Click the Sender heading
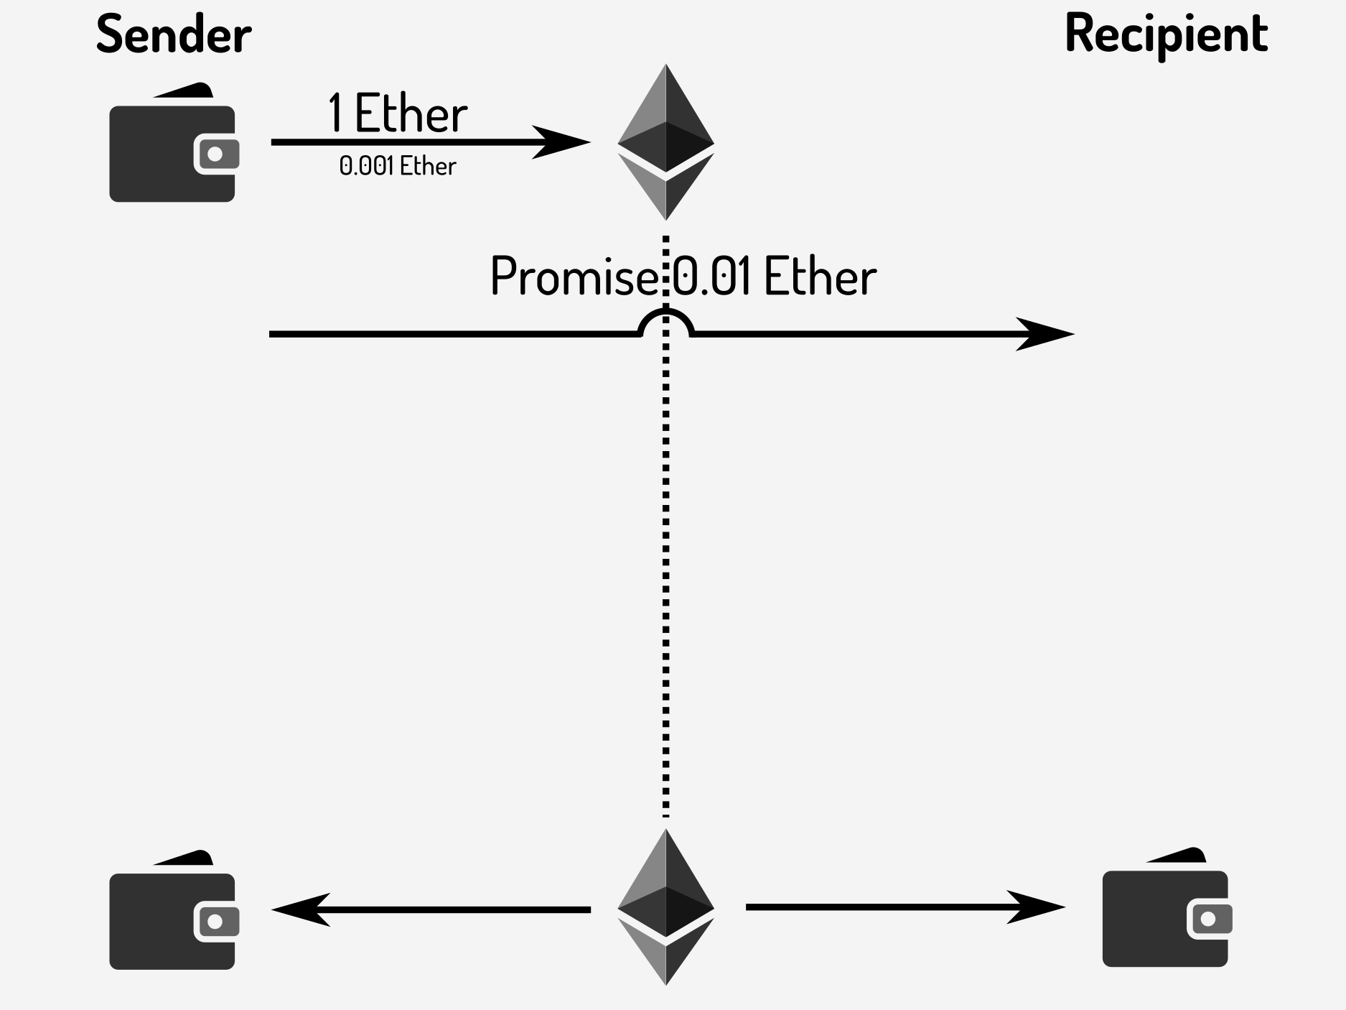173,34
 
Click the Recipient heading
1166,34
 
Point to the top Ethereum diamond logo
665,142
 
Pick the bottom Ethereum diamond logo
665,907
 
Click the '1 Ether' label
397,113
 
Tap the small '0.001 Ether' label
397,167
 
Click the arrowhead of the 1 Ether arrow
564,142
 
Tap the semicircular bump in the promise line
665,320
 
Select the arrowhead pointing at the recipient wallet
1037,907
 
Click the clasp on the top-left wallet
215,154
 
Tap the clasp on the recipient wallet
1209,919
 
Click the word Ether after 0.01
820,277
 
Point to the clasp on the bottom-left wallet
215,922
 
